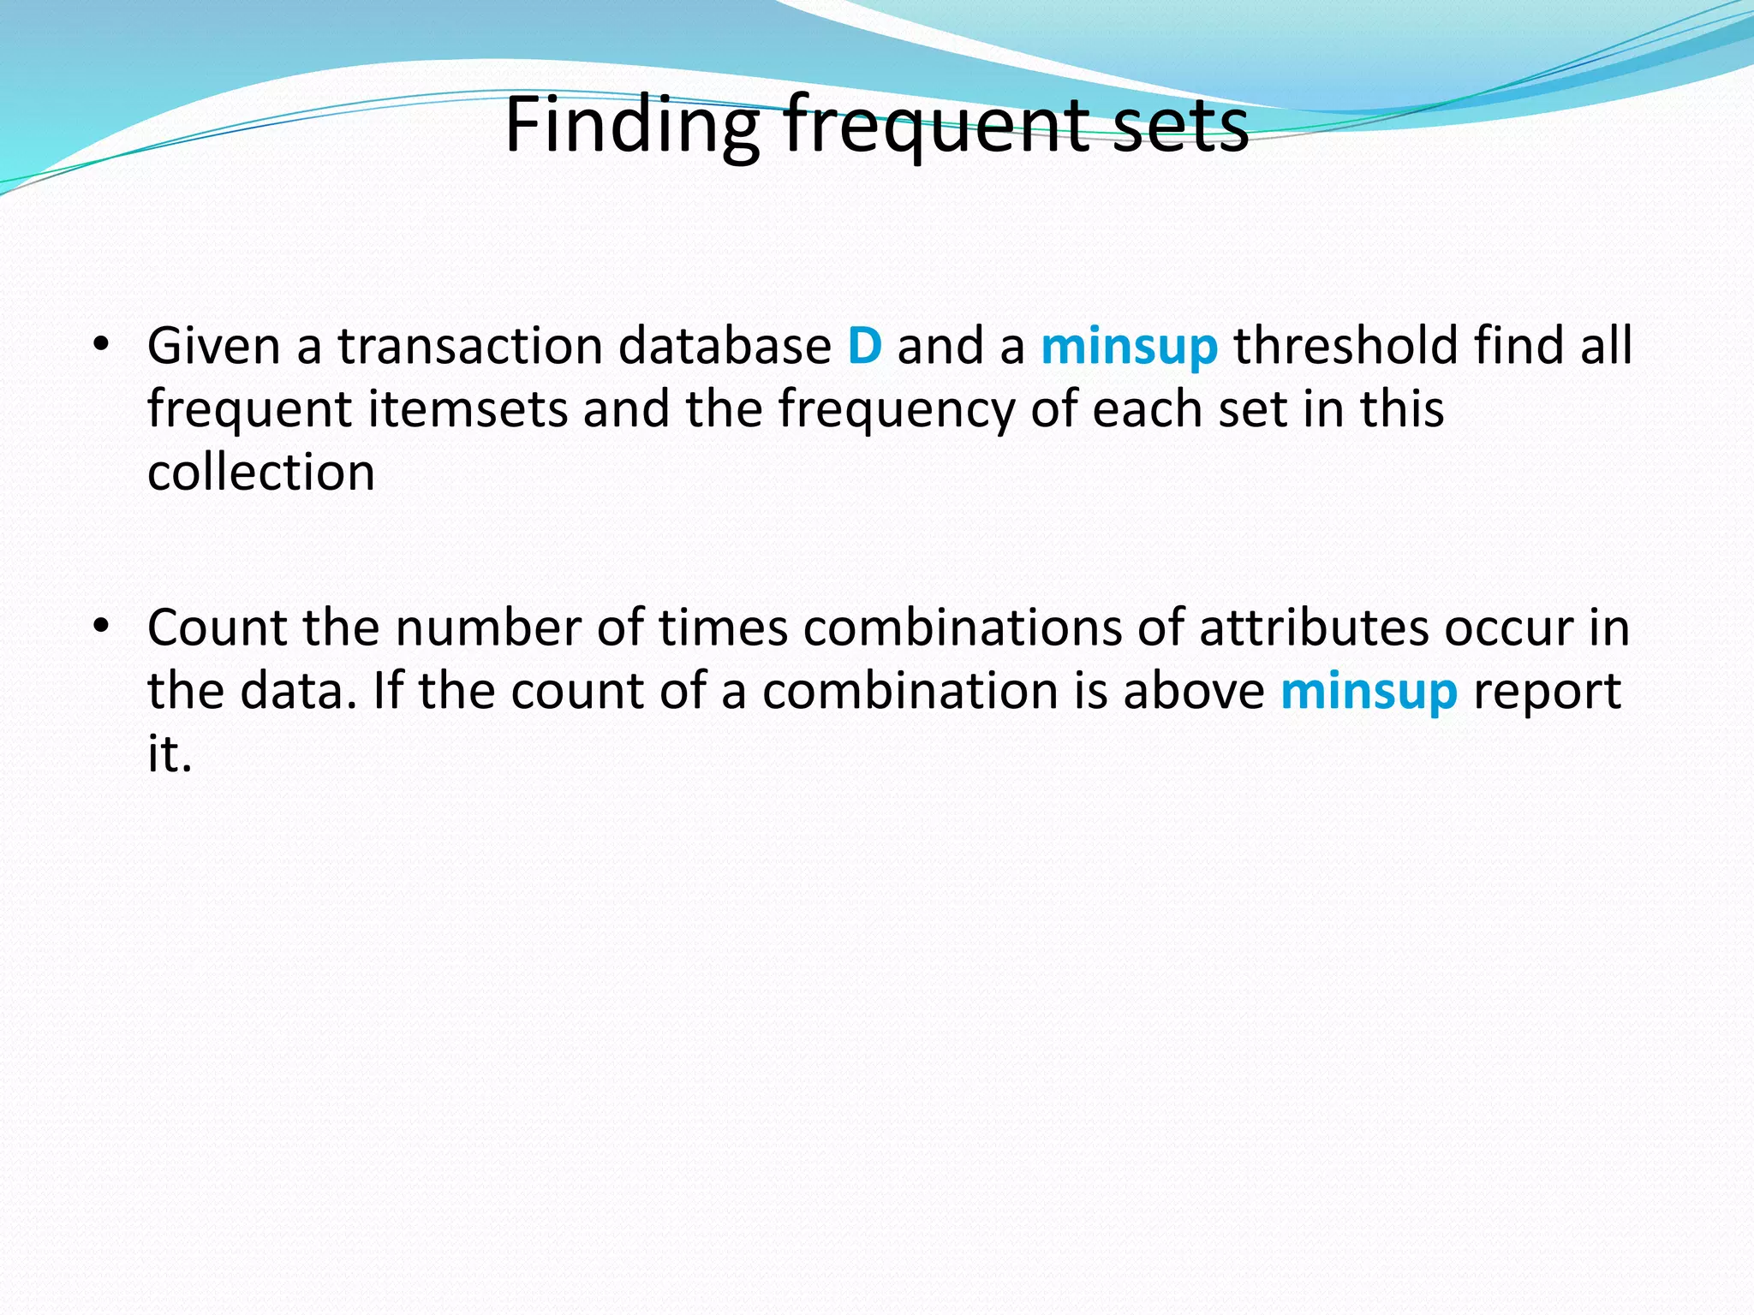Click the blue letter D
(864, 346)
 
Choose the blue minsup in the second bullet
(1369, 692)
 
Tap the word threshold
(1345, 346)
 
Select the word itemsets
(468, 409)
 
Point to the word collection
(261, 473)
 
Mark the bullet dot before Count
(102, 627)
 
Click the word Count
(217, 628)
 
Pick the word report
(1546, 692)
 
